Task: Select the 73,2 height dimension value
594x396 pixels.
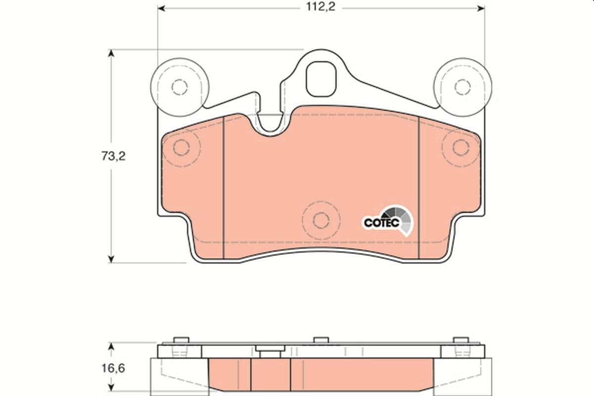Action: [113, 156]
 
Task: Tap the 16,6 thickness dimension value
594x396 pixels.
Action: [113, 368]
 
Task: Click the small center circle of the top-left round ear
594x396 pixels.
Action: [179, 87]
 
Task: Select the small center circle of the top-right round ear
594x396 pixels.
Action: [462, 87]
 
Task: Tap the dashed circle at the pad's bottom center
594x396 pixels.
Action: [321, 220]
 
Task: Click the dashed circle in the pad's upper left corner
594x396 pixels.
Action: [182, 148]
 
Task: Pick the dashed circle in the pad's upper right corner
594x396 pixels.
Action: [460, 147]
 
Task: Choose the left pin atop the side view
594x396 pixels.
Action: [182, 341]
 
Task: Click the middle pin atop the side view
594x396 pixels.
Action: [321, 341]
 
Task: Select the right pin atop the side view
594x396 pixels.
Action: [461, 341]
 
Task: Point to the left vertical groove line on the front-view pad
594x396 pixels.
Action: [224, 188]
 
